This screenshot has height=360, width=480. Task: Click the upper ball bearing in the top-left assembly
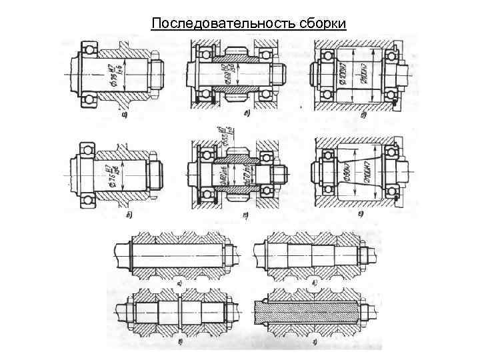[89, 47]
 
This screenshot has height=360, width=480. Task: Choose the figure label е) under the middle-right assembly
[360, 214]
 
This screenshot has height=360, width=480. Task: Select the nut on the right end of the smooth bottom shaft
[228, 254]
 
